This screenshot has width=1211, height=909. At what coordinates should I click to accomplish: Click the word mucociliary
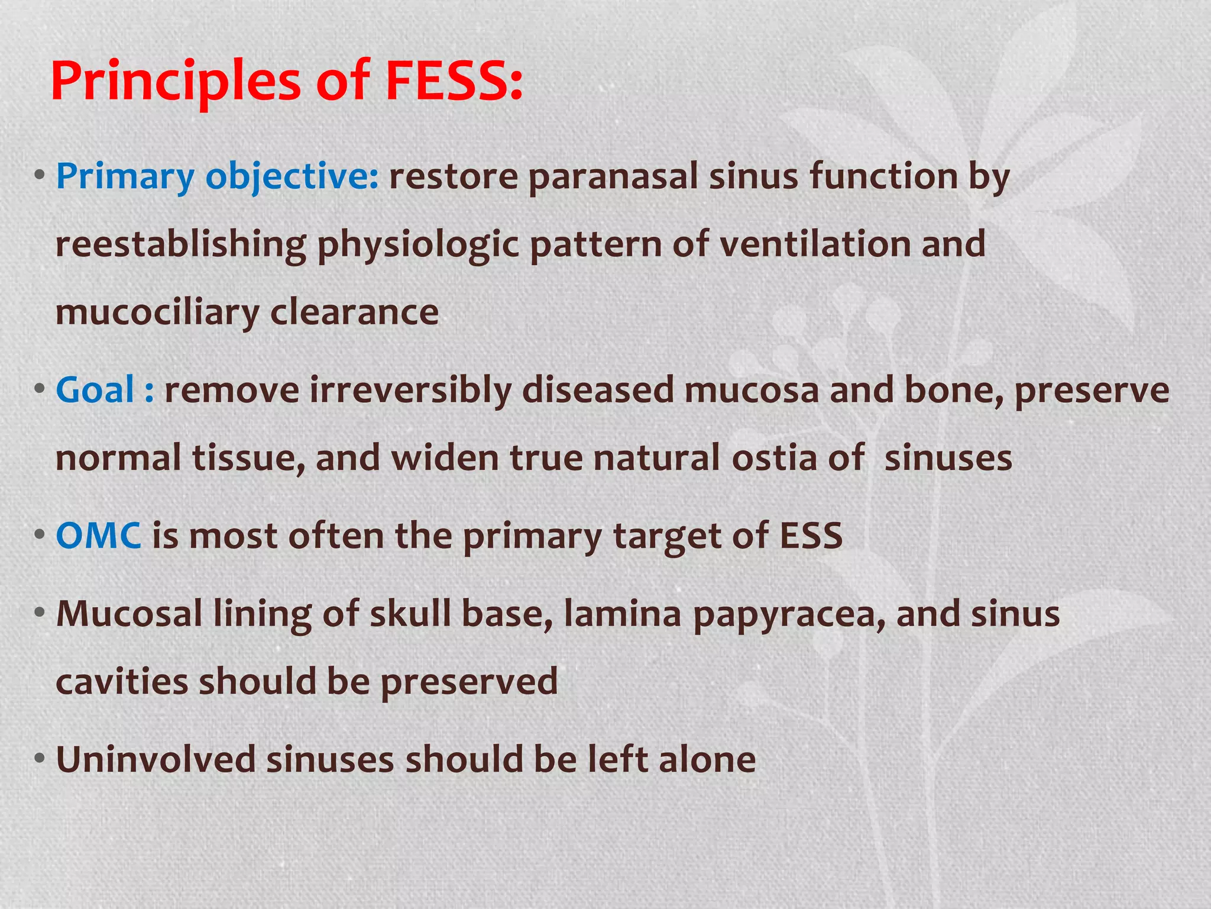(x=157, y=313)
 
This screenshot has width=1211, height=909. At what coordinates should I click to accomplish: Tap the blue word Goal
(x=95, y=390)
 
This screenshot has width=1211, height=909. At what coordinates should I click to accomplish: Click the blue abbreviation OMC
(x=98, y=536)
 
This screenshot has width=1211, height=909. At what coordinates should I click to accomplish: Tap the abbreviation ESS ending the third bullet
(x=811, y=536)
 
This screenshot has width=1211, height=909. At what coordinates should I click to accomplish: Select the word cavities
(x=121, y=681)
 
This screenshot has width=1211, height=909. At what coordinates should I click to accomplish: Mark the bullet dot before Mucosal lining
(x=40, y=612)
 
